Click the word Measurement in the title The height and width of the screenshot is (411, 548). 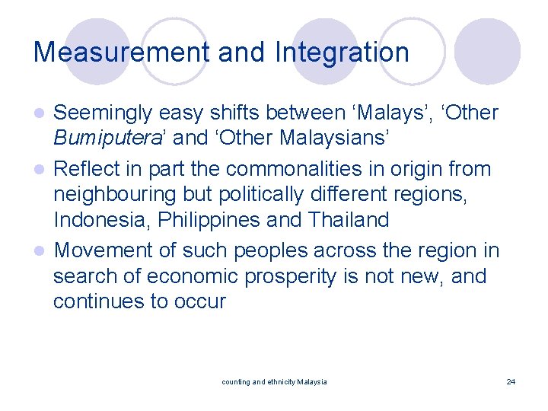click(121, 53)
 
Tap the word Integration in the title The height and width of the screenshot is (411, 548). click(342, 53)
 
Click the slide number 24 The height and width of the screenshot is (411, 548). click(510, 381)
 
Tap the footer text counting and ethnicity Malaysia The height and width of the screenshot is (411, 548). click(274, 381)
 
